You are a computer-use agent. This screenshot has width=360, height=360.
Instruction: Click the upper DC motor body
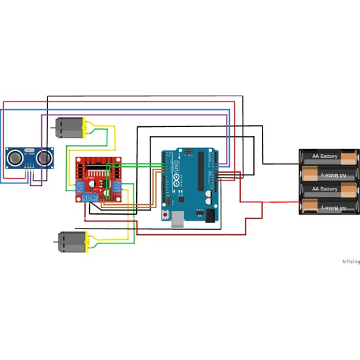[x=68, y=127]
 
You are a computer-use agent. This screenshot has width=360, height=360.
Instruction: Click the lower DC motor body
[x=71, y=242]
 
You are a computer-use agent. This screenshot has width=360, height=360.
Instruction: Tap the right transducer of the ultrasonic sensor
[x=45, y=156]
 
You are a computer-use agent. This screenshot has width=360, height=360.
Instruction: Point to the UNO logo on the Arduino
[x=173, y=174]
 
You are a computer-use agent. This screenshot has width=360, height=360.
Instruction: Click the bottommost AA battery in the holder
[x=330, y=207]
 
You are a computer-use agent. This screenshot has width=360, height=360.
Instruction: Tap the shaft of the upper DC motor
[x=54, y=128]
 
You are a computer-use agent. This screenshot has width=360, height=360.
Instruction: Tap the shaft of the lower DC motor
[x=56, y=242]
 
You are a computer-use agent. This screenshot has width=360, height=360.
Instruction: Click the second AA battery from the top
[x=330, y=175]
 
